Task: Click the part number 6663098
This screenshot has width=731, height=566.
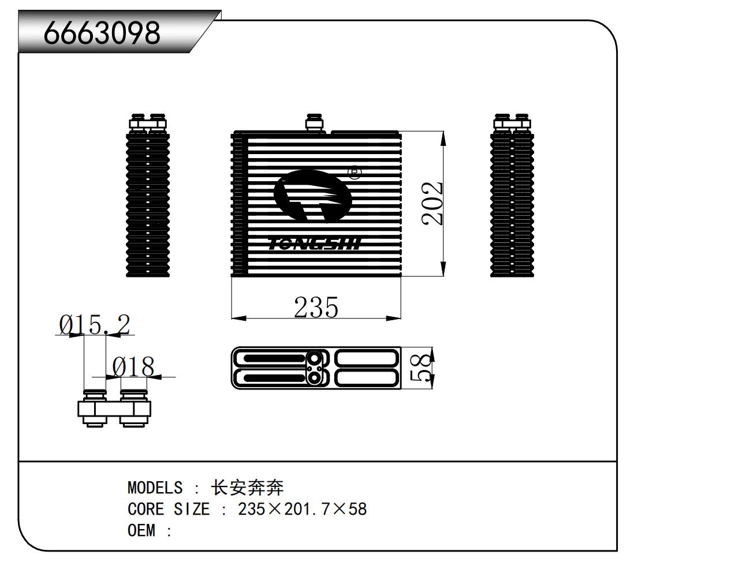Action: tap(102, 33)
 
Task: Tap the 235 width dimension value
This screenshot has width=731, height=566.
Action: tap(316, 307)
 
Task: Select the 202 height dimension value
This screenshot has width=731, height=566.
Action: tap(431, 203)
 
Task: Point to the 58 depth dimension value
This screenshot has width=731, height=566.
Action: tap(420, 368)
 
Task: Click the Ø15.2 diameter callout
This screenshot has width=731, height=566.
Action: tap(95, 324)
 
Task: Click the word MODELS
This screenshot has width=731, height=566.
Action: tap(155, 488)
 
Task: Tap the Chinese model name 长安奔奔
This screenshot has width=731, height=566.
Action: tap(248, 488)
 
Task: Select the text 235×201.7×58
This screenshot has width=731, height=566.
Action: tap(302, 509)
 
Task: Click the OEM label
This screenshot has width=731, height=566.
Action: tap(141, 530)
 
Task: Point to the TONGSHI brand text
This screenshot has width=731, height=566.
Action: tap(315, 245)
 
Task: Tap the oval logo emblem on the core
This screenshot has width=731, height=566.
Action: tap(312, 196)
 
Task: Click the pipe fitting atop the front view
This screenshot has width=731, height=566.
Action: tap(315, 123)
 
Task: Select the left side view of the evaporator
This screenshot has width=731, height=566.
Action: tap(148, 195)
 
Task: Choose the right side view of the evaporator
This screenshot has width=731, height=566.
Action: tap(512, 195)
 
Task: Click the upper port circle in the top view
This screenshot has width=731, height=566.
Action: tap(315, 358)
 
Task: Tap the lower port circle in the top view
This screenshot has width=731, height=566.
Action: tap(314, 378)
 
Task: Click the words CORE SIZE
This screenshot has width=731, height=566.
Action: tap(169, 509)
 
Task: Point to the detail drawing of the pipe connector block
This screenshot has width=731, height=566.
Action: tap(114, 408)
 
